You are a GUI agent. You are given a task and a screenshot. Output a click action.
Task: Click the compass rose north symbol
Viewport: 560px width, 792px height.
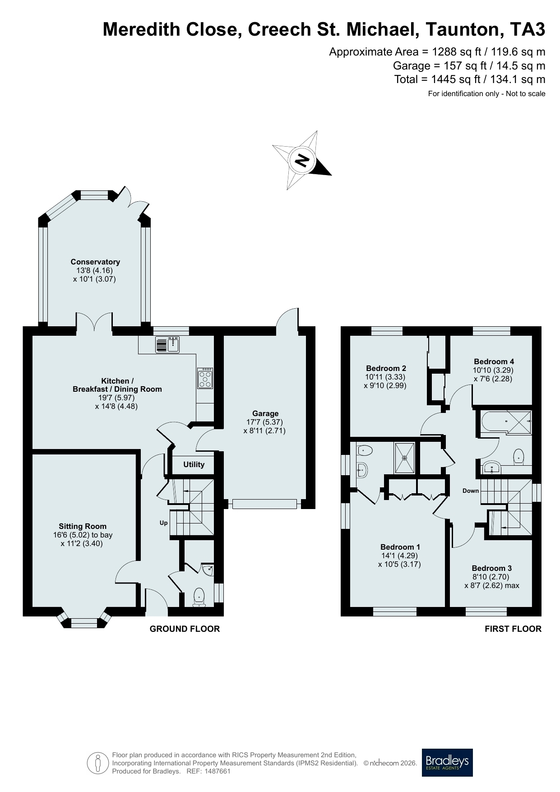[x=302, y=160]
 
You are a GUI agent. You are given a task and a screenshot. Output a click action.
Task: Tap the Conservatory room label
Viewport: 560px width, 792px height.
[x=95, y=262]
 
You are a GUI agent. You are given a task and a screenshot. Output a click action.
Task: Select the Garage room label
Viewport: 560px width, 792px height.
[x=265, y=413]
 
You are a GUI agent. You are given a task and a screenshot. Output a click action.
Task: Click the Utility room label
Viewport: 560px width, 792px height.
[x=194, y=464]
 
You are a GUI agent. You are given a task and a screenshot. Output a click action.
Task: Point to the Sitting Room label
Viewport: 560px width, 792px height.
[x=83, y=526]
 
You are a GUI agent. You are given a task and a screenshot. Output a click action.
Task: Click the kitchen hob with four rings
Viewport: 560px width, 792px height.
[x=205, y=378]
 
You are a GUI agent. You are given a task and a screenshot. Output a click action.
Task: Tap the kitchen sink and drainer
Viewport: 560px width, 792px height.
[x=167, y=345]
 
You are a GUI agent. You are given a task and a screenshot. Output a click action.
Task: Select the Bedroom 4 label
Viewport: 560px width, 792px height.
[x=494, y=361]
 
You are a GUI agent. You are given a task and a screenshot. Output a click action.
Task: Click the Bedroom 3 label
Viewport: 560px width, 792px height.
[x=492, y=568]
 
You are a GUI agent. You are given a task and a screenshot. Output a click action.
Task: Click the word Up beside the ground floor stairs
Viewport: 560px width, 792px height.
[x=163, y=523]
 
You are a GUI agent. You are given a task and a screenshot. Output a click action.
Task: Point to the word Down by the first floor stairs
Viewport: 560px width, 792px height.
[x=471, y=491]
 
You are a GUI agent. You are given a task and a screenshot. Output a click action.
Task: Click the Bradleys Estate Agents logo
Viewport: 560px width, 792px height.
[x=447, y=762]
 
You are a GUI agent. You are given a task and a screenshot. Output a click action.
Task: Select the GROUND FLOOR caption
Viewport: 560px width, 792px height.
[x=185, y=629]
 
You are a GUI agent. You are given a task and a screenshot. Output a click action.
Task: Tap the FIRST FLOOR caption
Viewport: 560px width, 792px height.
[x=513, y=629]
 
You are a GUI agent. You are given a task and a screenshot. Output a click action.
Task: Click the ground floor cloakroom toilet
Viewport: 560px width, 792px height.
[x=199, y=597]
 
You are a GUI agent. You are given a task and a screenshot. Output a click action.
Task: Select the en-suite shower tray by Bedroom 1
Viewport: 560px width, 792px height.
[x=405, y=458]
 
